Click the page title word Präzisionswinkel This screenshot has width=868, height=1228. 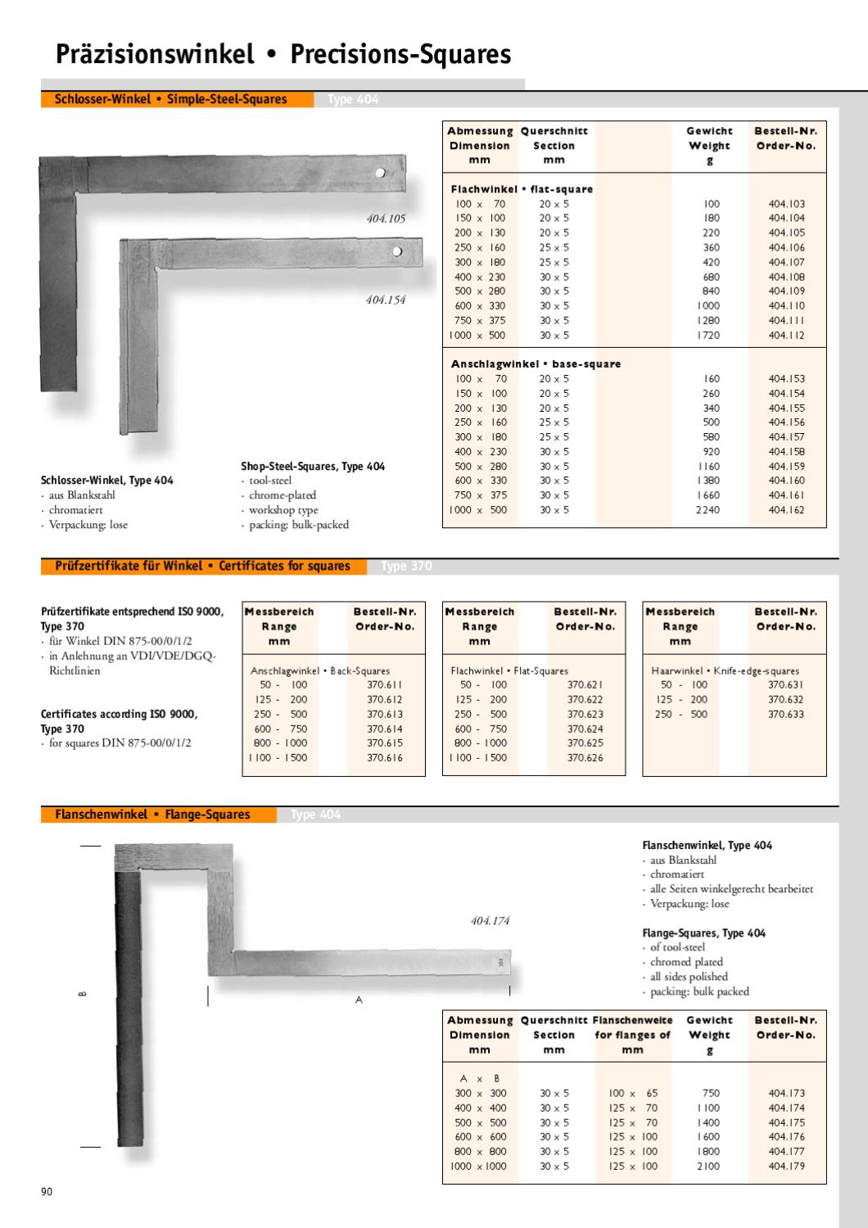click(x=156, y=55)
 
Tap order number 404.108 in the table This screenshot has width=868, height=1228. click(x=786, y=277)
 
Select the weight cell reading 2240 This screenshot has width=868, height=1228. click(x=711, y=510)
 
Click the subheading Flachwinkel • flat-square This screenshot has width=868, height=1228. click(x=522, y=189)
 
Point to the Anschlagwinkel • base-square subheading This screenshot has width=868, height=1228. click(x=536, y=363)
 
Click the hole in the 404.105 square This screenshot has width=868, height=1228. click(x=381, y=174)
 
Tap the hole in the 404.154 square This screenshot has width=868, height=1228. click(x=396, y=251)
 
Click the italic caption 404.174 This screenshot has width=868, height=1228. click(x=490, y=921)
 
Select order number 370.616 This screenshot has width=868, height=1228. click(x=385, y=758)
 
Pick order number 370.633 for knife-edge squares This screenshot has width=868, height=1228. click(x=785, y=714)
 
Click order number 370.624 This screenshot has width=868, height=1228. click(x=585, y=729)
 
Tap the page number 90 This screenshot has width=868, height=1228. click(x=47, y=1192)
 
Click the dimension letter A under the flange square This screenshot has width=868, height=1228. click(x=359, y=1000)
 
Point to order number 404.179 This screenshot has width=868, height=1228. click(x=786, y=1166)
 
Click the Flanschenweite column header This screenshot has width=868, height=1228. click(x=632, y=1020)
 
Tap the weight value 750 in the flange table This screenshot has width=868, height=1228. click(x=711, y=1093)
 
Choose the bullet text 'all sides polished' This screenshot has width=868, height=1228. click(x=688, y=977)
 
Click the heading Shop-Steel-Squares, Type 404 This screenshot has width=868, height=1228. click(x=313, y=466)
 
